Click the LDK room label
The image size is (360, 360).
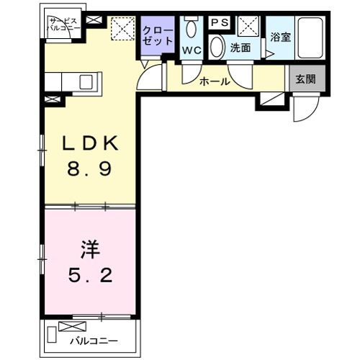point(88,144)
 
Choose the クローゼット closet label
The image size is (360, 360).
point(158,36)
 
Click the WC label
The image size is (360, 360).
point(191,50)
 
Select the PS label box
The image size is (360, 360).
point(220,23)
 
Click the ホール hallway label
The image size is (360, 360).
point(215,82)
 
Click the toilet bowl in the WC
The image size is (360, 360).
point(191,29)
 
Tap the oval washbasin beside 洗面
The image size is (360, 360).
point(217,47)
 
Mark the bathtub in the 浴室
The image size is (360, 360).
point(312,40)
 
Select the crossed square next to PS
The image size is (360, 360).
point(249,26)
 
